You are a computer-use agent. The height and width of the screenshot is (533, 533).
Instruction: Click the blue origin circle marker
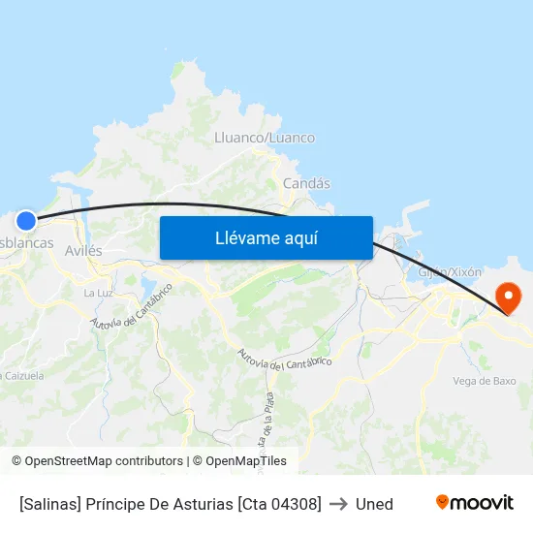[26, 221]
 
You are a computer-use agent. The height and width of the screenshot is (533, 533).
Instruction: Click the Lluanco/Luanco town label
[264, 138]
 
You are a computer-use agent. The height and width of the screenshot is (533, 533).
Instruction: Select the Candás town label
[306, 183]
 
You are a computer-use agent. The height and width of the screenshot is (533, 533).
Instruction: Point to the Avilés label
[82, 250]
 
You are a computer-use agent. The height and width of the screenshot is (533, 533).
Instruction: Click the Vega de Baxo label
[484, 381]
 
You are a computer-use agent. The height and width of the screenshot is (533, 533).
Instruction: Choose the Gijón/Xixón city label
[449, 272]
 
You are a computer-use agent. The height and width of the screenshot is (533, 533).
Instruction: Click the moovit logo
[474, 503]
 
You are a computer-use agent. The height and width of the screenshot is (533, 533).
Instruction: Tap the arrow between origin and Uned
[338, 504]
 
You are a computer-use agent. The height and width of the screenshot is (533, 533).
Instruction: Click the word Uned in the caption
[374, 504]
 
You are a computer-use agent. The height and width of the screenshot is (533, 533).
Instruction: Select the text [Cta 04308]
[280, 504]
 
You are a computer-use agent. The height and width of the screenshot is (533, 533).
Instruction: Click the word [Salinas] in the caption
[50, 504]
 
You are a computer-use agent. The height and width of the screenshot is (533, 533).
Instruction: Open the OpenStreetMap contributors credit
[104, 461]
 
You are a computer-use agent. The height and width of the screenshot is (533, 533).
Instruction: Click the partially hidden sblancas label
[26, 243]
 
